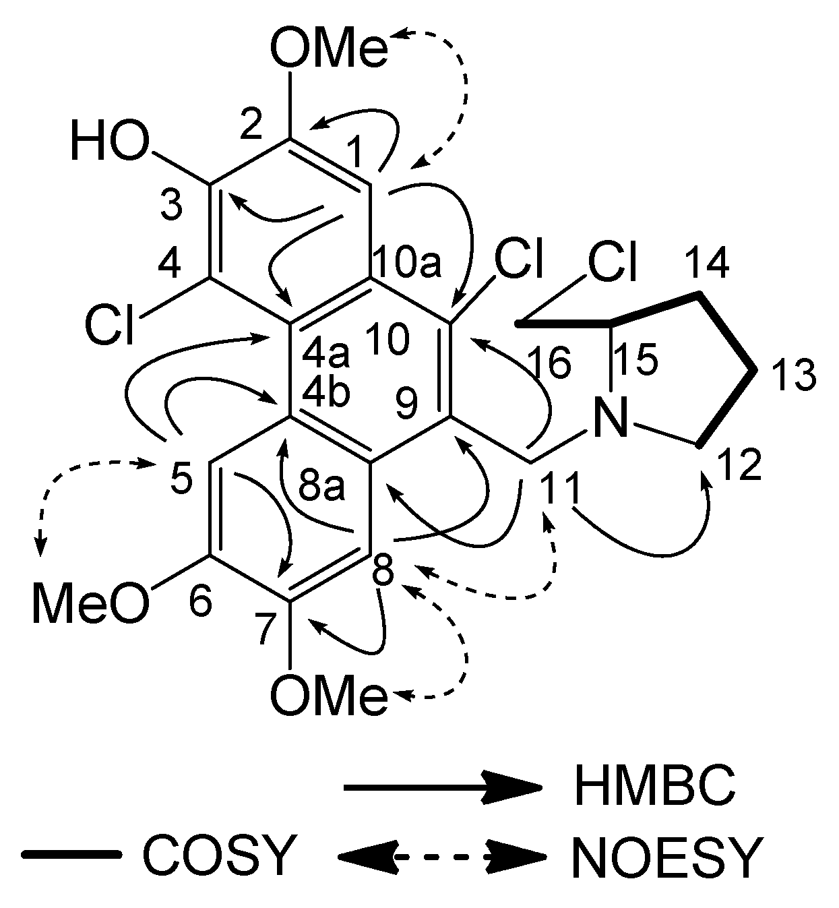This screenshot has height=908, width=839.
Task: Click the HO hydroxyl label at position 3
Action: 108,144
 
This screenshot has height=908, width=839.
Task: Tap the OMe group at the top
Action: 329,51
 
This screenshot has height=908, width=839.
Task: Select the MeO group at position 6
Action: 90,602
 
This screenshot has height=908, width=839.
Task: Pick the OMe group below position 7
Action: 329,695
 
